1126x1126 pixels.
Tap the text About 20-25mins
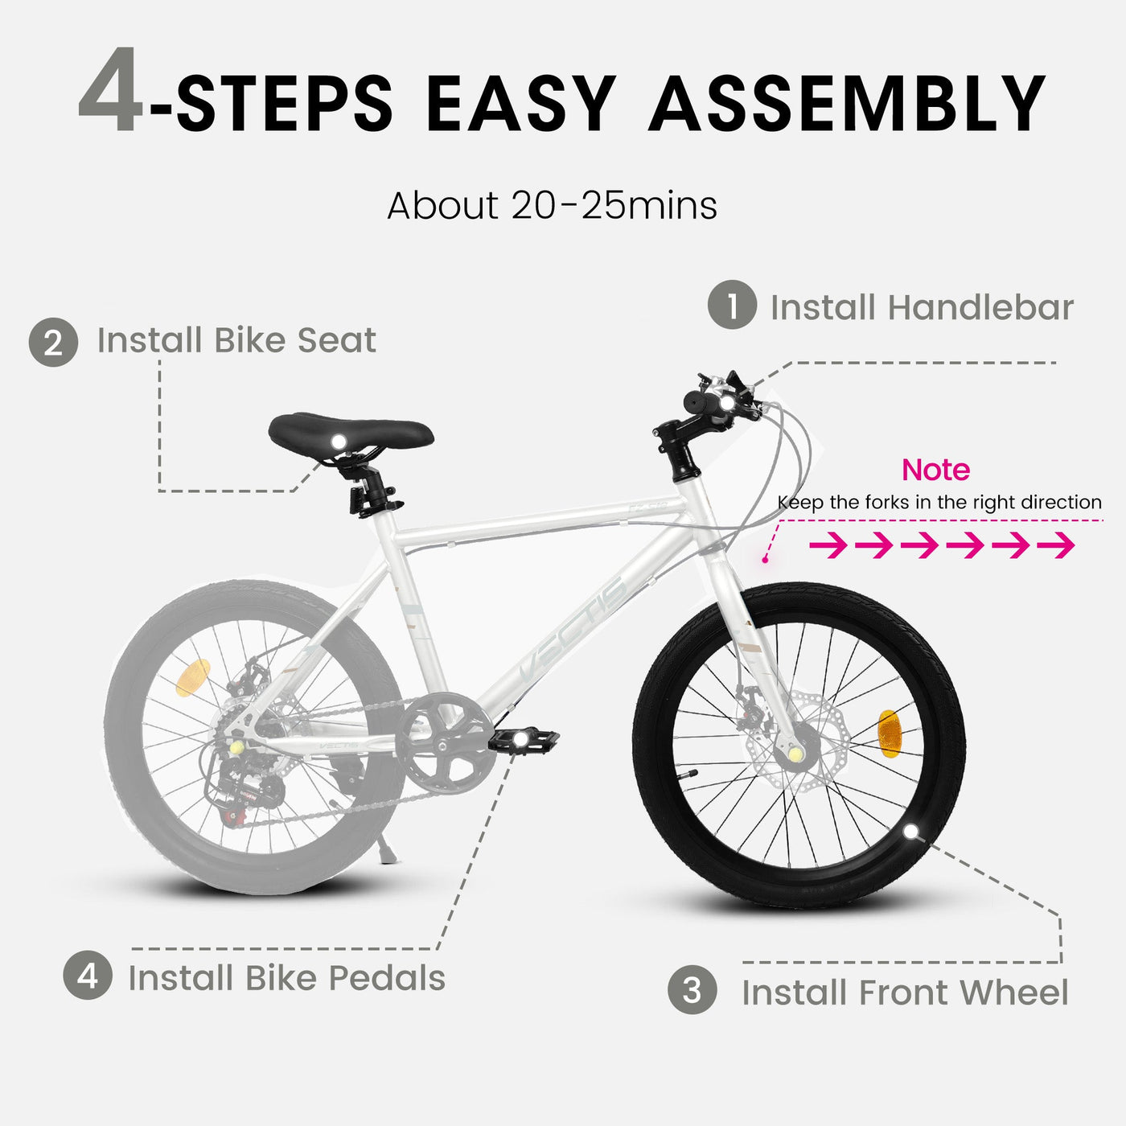click(552, 206)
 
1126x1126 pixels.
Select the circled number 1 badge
click(732, 305)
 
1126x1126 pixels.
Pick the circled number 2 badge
click(53, 343)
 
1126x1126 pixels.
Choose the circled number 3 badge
click(692, 990)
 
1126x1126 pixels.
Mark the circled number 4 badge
click(87, 976)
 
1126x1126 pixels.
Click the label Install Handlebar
click(922, 307)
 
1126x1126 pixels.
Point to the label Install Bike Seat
click(236, 340)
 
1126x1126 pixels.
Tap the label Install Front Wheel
click(905, 992)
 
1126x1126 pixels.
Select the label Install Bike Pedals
click(286, 978)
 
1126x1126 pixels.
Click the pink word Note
click(935, 470)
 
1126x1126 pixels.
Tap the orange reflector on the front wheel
click(889, 734)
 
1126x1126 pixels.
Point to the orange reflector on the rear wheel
click(192, 677)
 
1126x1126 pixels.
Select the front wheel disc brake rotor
click(796, 728)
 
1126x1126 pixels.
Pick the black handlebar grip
click(703, 401)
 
